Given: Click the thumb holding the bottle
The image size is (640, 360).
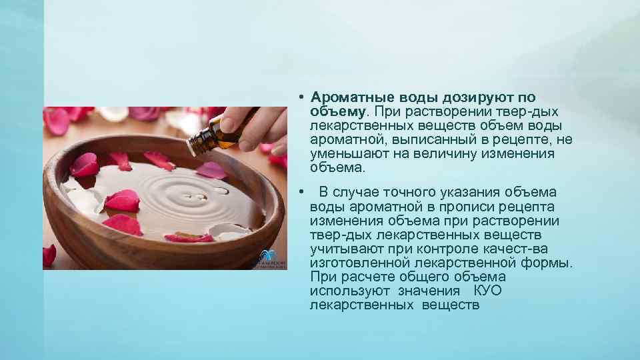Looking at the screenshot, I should [235, 121].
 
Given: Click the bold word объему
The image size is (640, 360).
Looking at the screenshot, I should [337, 111].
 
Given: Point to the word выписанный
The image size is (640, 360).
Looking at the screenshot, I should [431, 139].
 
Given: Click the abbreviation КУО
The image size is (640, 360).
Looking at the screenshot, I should [487, 291].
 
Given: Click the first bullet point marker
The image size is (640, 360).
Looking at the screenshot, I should [301, 97].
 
